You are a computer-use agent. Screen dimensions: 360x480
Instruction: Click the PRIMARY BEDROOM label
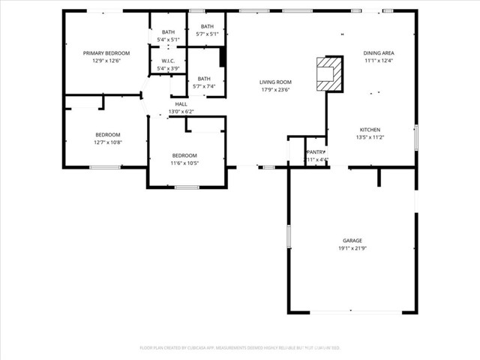106,53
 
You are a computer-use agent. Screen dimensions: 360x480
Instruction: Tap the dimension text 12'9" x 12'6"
106,61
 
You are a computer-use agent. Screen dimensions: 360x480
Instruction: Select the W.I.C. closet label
168,61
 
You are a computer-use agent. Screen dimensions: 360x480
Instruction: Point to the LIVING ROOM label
275,82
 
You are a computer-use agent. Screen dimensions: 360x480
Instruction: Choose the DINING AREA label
379,53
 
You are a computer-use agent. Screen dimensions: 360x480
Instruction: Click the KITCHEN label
370,130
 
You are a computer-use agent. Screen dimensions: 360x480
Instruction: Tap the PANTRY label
316,151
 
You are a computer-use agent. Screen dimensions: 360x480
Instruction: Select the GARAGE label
352,241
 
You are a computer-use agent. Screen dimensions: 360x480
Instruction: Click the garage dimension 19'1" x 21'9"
352,248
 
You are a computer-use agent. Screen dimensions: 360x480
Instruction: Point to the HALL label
181,103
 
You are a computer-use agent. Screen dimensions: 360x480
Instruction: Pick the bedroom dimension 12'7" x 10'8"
107,142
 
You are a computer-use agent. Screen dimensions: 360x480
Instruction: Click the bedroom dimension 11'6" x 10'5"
184,163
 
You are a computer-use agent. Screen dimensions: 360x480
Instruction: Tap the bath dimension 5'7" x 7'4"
204,86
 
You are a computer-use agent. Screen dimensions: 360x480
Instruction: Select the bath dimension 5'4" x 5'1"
168,39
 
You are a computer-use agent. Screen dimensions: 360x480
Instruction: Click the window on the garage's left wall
289,236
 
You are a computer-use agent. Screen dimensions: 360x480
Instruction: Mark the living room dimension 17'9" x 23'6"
275,89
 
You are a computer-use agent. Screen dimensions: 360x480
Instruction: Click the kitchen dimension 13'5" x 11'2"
370,137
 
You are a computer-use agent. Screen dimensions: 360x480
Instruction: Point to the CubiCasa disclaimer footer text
240,347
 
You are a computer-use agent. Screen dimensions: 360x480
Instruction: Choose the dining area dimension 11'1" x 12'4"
379,61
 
